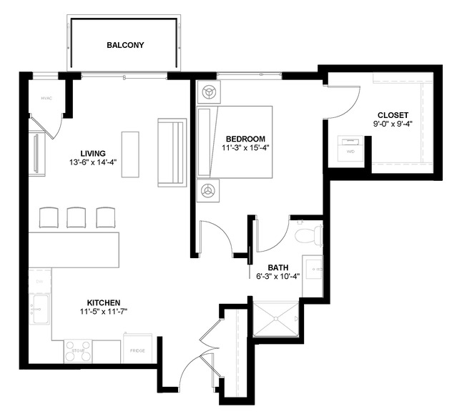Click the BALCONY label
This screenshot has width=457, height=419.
coord(125,45)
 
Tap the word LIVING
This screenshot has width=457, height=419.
coord(93,153)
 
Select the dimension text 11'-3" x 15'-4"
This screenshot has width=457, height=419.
coord(245,148)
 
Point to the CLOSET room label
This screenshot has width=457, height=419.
coord(393,114)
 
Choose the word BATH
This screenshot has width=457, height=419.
coord(278,268)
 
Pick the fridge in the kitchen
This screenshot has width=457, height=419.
coord(138,350)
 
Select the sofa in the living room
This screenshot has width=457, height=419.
coord(172,152)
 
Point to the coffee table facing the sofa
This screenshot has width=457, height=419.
coord(131,149)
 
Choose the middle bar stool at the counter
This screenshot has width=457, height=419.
coord(77,217)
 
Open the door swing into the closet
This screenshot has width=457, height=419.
coord(347,100)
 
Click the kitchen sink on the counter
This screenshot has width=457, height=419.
coord(40,308)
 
